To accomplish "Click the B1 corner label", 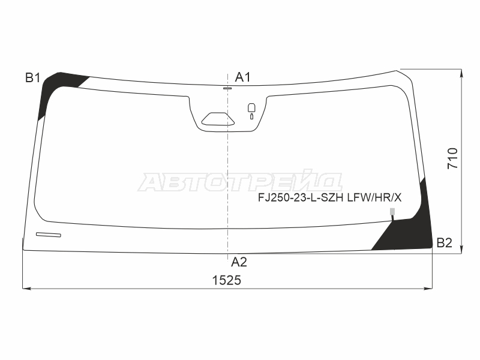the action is click(33, 78).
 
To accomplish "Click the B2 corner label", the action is click(444, 243).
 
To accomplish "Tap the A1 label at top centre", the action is click(243, 77).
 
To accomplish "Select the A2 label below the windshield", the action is click(239, 262).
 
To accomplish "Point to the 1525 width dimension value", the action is click(227, 280).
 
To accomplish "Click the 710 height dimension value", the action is click(453, 158).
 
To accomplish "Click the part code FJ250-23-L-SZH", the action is click(301, 198).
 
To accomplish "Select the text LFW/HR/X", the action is click(374, 198).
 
